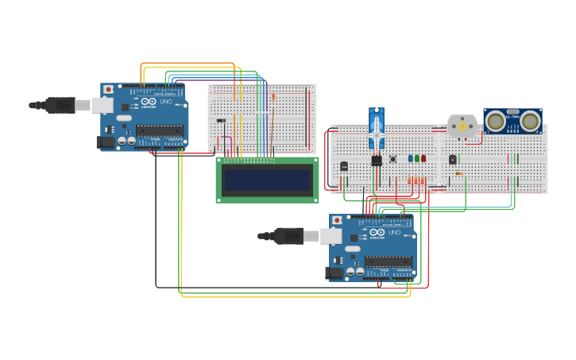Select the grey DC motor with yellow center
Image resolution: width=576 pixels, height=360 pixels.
(462, 126)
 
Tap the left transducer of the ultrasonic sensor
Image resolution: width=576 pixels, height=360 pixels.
(497, 122)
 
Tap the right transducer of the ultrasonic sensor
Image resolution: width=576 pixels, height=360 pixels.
(530, 122)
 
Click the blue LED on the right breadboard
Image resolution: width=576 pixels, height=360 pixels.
(411, 158)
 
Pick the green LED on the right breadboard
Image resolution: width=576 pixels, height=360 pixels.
(417, 158)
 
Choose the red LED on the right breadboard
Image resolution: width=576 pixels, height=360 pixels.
(423, 158)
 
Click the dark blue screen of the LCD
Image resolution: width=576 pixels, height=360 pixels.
(267, 180)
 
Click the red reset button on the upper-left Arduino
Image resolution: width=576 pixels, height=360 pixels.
(108, 90)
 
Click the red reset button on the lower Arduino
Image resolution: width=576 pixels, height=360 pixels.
(337, 220)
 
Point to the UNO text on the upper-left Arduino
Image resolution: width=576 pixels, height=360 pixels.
(166, 102)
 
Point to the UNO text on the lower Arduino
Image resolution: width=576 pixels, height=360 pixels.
(395, 232)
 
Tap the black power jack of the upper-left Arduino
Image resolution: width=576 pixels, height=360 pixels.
(105, 142)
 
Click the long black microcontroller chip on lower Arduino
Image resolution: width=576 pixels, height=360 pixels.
(388, 260)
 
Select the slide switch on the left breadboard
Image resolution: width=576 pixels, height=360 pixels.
(221, 121)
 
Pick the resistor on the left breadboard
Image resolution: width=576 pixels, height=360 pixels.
(274, 98)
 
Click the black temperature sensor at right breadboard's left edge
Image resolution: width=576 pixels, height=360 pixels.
(343, 166)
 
